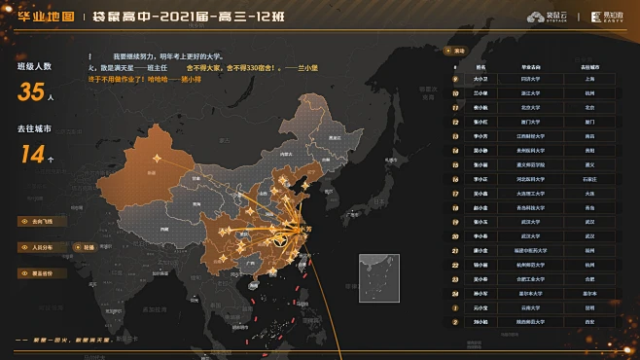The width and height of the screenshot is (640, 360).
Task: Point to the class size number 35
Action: [x=30, y=92]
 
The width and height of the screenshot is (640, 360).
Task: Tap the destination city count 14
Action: [x=32, y=153]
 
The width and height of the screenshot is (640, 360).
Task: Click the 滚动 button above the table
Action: [x=458, y=49]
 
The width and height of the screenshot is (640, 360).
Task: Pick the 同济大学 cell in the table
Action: [x=531, y=76]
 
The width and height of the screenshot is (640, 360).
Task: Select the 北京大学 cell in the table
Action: [x=531, y=106]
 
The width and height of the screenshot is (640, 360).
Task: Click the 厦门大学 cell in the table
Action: [x=531, y=122]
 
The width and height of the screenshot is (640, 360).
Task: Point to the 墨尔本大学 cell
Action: [x=531, y=292]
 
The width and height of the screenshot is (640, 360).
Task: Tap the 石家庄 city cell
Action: [x=590, y=178]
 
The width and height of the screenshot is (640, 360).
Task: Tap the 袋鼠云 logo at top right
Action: [x=547, y=17]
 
